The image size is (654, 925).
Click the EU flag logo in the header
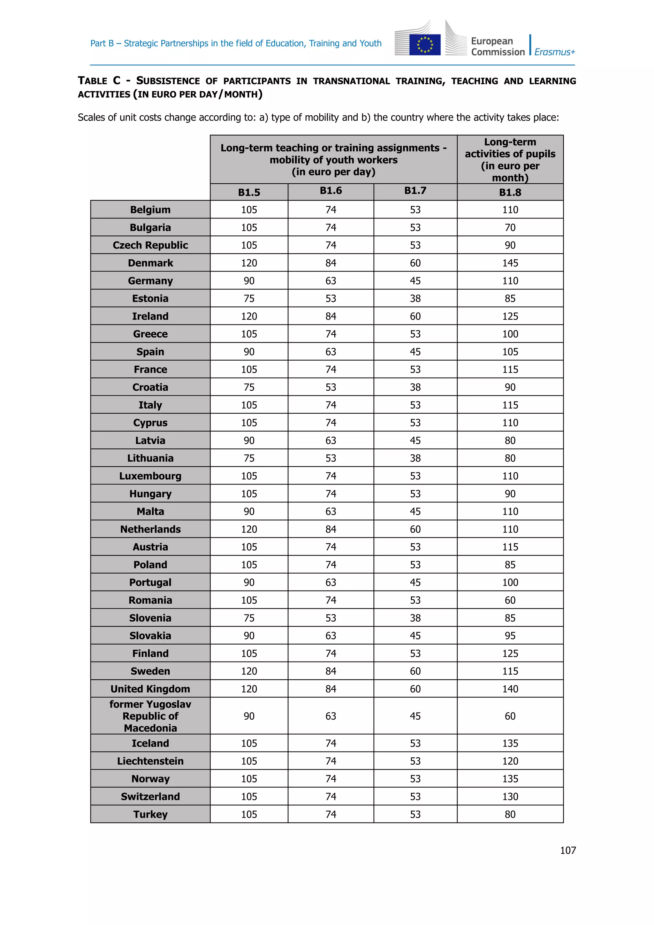(x=424, y=44)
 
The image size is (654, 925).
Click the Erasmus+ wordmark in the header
(x=555, y=52)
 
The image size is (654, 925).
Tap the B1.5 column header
(x=249, y=193)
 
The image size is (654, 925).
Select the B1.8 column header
(x=510, y=193)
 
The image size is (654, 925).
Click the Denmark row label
(x=150, y=263)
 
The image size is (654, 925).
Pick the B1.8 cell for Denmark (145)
(x=510, y=263)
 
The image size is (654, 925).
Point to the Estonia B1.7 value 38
(x=415, y=299)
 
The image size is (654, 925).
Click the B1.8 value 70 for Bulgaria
(x=510, y=228)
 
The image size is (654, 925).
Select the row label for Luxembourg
(x=150, y=476)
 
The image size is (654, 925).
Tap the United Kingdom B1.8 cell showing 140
(x=510, y=689)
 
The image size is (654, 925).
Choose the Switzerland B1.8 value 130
(x=510, y=797)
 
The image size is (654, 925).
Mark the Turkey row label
(x=150, y=814)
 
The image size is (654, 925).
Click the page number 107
(x=567, y=851)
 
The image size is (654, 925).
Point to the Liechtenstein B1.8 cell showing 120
(x=510, y=761)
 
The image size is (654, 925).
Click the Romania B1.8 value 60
(x=510, y=600)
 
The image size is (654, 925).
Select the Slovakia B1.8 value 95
(x=510, y=636)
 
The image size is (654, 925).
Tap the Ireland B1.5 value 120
(x=249, y=316)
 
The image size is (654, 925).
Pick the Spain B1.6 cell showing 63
(x=331, y=352)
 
